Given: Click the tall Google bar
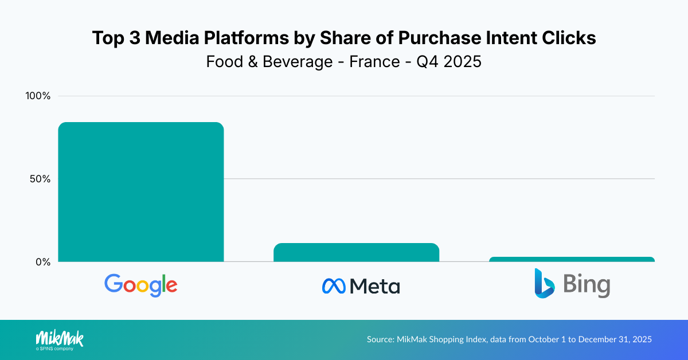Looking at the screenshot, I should (141, 192).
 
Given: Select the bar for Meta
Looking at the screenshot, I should (356, 253).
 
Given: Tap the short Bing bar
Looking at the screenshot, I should (572, 259).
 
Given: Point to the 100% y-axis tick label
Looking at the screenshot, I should (38, 96).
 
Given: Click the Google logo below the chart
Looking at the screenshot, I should (141, 285).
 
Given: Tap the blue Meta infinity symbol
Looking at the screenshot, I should (334, 285).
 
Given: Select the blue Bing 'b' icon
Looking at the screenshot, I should (544, 283).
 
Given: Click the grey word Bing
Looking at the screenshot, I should (587, 285).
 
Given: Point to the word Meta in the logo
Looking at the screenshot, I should (374, 285).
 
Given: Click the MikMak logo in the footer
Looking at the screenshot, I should (60, 337).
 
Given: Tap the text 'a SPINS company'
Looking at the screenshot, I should (54, 348).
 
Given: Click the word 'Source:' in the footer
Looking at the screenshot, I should (380, 339).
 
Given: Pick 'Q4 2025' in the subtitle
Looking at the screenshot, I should (449, 61).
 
